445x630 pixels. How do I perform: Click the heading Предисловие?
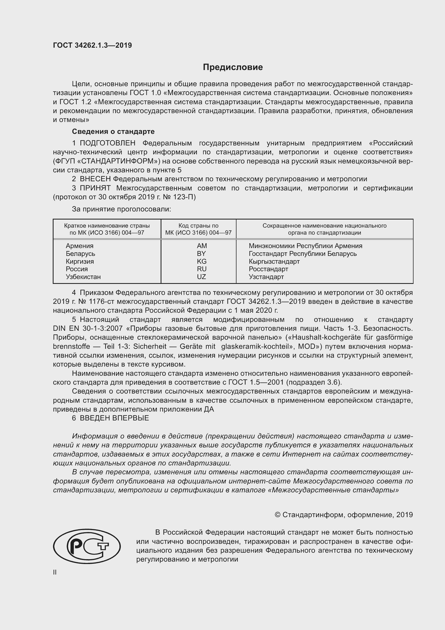[233, 67]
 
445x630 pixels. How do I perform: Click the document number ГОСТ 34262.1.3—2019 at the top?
[92, 45]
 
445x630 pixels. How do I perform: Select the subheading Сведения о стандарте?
[113, 131]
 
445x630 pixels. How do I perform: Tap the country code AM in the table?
[202, 246]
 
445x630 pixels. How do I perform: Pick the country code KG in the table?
[202, 261]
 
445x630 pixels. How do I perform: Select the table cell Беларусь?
[80, 253]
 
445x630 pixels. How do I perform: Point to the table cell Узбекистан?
[83, 277]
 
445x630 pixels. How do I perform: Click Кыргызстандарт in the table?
[274, 261]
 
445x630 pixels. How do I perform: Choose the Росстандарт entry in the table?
[268, 269]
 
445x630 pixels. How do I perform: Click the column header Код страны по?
[198, 225]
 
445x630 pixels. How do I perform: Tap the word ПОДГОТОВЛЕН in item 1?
[107, 143]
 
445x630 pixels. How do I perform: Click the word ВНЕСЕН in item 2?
[95, 179]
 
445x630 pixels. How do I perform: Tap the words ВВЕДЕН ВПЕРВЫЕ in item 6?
[114, 418]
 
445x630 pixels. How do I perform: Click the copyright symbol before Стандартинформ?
[277, 515]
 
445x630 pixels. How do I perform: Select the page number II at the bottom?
[55, 572]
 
